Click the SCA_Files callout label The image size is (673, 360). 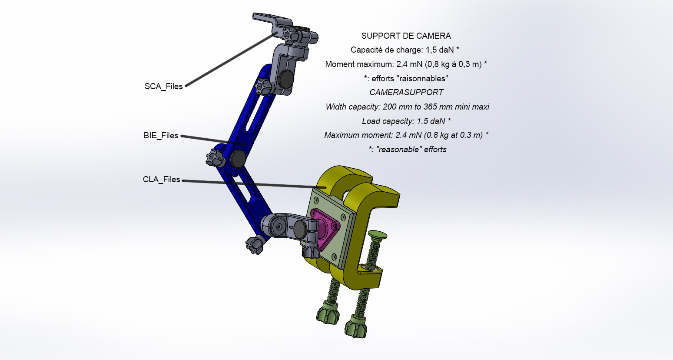[163, 87]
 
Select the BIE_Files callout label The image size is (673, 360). [161, 136]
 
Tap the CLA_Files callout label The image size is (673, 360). [161, 180]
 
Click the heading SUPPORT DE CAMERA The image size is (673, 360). [406, 36]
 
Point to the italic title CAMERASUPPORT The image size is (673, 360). [406, 92]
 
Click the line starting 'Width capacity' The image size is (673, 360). [407, 107]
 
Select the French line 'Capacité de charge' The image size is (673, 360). [404, 50]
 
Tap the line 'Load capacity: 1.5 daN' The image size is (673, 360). [406, 121]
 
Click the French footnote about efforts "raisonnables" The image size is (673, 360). [406, 79]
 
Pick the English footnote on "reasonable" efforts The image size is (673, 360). [408, 150]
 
